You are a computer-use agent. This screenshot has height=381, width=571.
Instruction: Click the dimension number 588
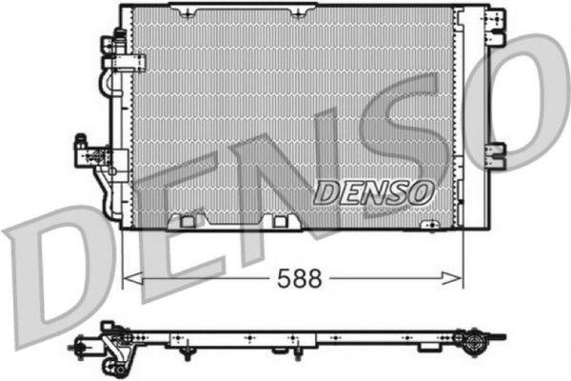tap(300, 278)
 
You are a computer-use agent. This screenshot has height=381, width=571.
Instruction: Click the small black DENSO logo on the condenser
tap(374, 192)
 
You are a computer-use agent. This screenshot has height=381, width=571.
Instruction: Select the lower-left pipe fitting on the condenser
tap(87, 152)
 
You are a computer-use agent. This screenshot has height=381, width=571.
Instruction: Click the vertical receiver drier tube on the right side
tap(469, 114)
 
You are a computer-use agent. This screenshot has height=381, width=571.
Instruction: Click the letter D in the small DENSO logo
tap(326, 192)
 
